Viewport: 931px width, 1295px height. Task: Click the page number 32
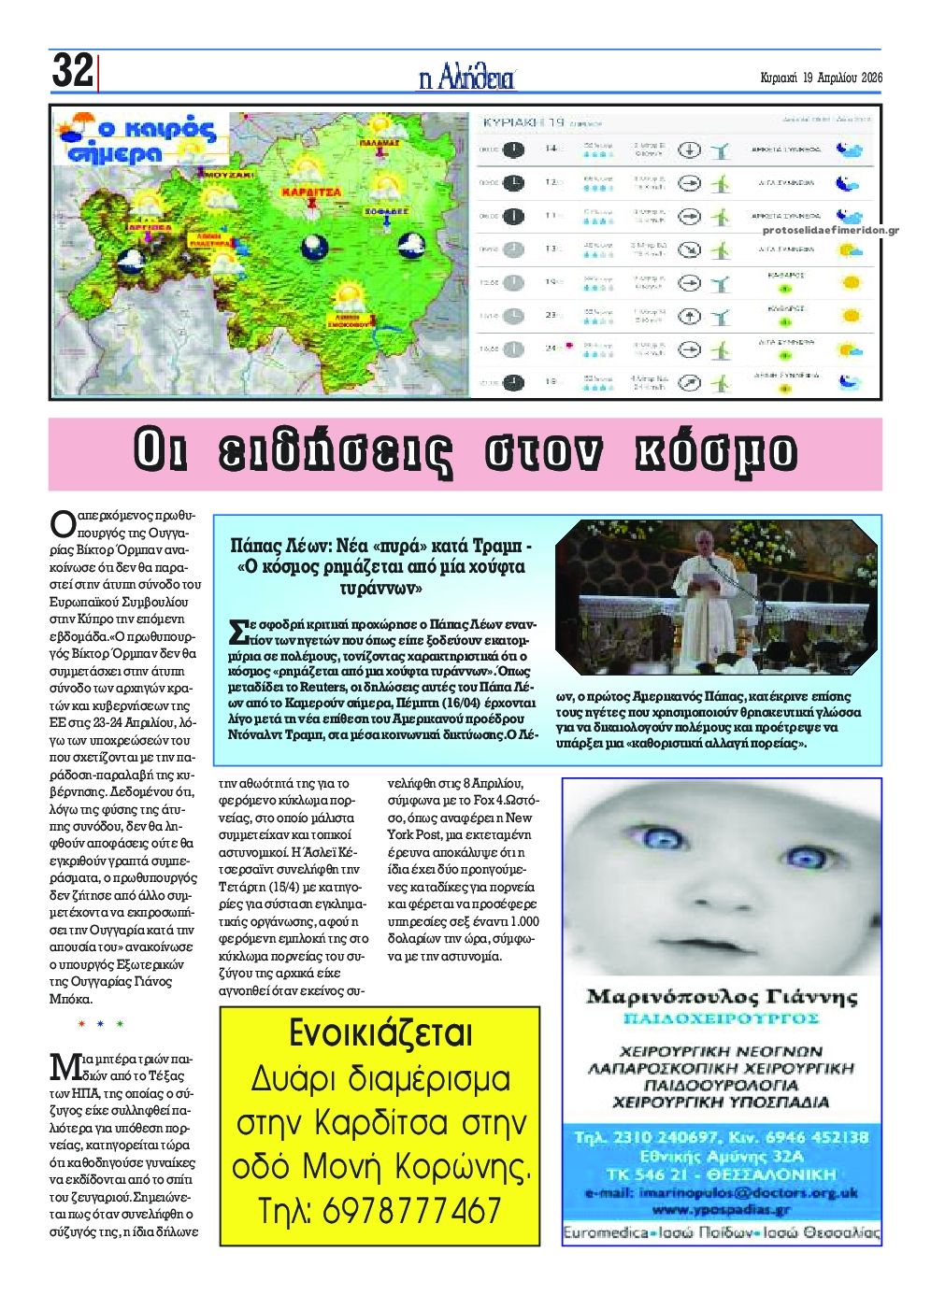pos(72,71)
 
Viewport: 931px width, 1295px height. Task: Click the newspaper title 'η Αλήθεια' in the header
pos(466,78)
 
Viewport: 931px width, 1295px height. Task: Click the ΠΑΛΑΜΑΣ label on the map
pos(380,145)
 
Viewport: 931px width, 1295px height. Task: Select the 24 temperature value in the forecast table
pos(551,349)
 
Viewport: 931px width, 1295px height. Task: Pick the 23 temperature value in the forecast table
pos(551,316)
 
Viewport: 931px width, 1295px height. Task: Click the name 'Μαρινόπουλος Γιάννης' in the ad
pos(722,996)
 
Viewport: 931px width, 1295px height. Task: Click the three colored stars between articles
pos(101,1025)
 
